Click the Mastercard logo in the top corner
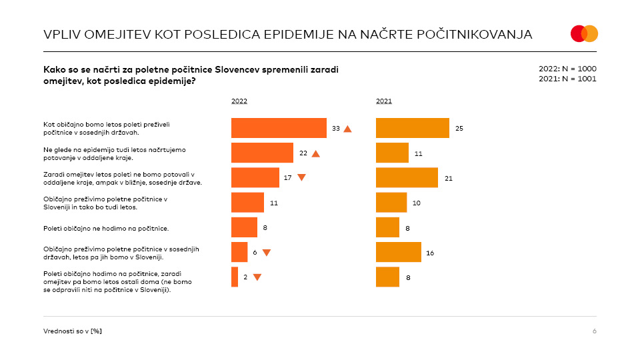point(584,33)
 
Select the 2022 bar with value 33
point(279,128)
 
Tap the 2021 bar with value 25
point(412,128)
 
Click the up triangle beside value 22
point(316,153)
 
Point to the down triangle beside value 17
point(301,177)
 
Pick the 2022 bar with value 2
point(235,277)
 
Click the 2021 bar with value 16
point(398,252)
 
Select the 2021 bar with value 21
point(407,177)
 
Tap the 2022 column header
point(239,101)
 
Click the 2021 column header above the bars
point(384,101)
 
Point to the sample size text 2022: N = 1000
point(567,69)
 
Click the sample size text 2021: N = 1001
point(567,79)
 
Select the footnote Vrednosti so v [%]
point(73,331)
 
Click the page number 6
point(594,331)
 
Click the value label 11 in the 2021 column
point(419,153)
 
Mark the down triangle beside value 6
point(266,253)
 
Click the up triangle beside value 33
point(347,129)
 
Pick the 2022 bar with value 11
point(247,202)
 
